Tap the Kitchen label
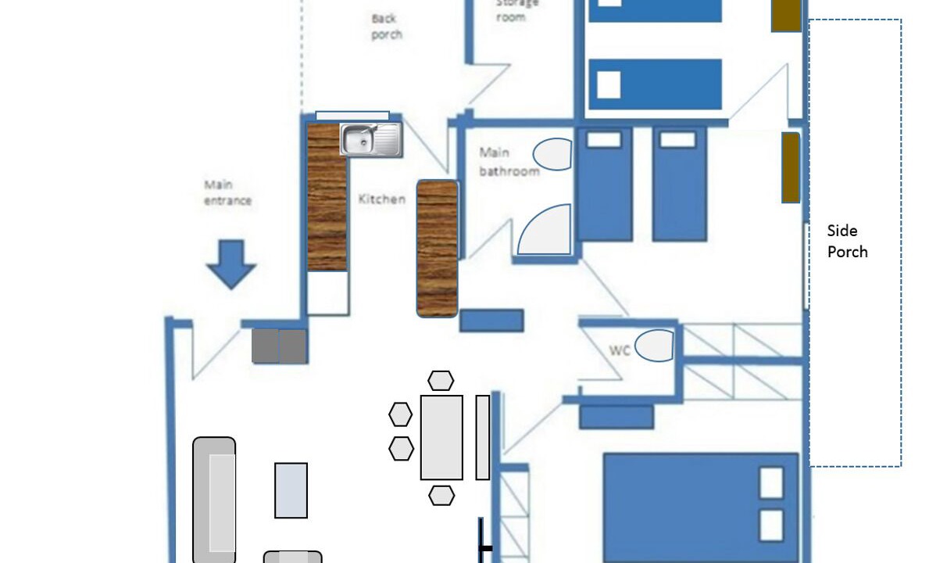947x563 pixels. coord(382,199)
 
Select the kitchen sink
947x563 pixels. coord(371,140)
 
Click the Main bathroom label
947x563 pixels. coord(509,162)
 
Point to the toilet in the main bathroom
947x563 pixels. coord(552,154)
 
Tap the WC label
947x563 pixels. coord(620,350)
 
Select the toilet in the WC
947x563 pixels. coord(654,346)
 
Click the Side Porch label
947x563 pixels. coord(847,241)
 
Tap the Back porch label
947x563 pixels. coord(387,27)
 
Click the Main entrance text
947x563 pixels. coord(227,192)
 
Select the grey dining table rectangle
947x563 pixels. coord(441,437)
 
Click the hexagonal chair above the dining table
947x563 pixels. coord(441,380)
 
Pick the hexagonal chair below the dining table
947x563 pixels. coord(441,495)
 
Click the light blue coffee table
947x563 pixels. coord(291,490)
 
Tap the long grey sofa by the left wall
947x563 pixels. coord(214,500)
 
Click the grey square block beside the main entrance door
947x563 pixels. coord(280,346)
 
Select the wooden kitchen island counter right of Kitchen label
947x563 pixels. coord(437,249)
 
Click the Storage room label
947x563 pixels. coord(516,10)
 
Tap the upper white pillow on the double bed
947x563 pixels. coord(771,482)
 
